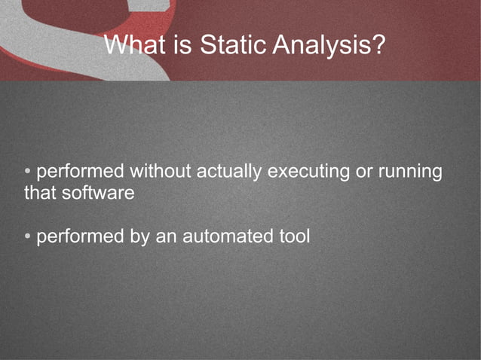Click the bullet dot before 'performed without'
click(x=28, y=172)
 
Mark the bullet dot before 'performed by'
click(x=28, y=236)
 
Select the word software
click(x=97, y=193)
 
